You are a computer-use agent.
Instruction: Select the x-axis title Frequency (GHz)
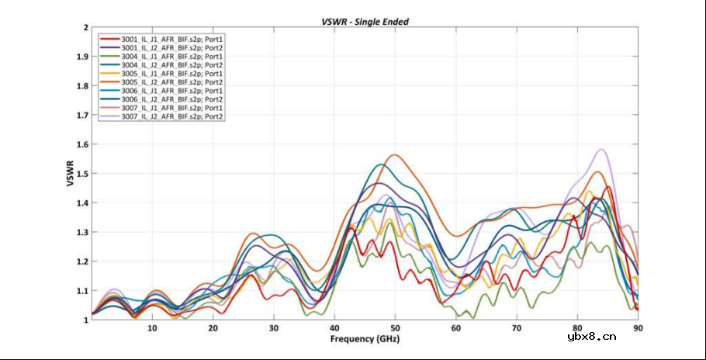365,339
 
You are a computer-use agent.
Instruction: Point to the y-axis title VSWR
70,173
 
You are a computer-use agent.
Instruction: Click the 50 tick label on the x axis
395,328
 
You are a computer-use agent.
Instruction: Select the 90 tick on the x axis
638,328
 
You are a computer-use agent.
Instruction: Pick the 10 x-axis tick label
152,328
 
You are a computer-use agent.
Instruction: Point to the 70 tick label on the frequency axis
517,328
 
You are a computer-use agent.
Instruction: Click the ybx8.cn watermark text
592,336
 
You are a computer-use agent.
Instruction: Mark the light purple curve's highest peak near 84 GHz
601,150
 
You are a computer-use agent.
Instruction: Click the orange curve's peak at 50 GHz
396,154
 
